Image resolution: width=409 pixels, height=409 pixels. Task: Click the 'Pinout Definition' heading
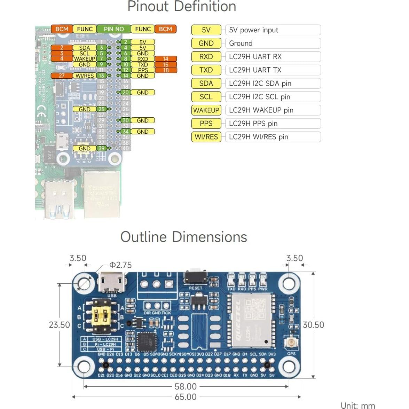click(x=182, y=7)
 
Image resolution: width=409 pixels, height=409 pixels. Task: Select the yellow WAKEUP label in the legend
click(x=206, y=110)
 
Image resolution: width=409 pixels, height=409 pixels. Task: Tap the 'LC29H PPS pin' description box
click(x=273, y=124)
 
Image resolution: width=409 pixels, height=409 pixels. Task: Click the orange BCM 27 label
click(x=62, y=76)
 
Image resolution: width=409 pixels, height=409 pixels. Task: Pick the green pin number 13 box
click(x=101, y=76)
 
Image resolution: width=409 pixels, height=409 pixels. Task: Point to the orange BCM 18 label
click(x=166, y=70)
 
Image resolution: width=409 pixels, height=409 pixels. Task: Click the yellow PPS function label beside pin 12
click(x=143, y=70)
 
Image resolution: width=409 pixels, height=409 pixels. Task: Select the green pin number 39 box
click(x=101, y=148)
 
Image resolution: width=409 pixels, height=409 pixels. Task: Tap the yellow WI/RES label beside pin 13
click(x=85, y=76)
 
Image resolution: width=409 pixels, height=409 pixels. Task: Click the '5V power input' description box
click(x=273, y=30)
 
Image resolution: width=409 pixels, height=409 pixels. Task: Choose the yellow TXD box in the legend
click(x=206, y=70)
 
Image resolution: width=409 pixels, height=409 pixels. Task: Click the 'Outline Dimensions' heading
click(x=183, y=237)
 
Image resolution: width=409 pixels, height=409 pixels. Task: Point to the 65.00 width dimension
click(x=186, y=397)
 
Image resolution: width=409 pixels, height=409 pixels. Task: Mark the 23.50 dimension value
click(x=59, y=325)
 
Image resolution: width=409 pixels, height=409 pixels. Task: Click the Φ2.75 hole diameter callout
click(x=120, y=265)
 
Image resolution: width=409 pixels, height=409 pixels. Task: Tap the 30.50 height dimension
click(x=313, y=325)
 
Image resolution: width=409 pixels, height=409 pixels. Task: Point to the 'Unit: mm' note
click(x=357, y=405)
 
